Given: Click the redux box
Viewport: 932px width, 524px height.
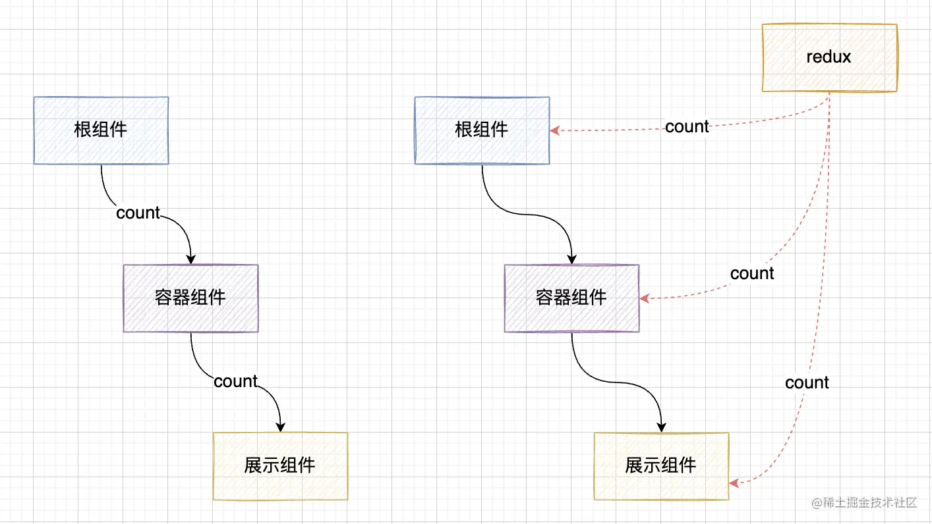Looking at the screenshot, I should pyautogui.click(x=829, y=57).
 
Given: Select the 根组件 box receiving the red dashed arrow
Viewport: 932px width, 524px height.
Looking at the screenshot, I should pyautogui.click(x=482, y=130).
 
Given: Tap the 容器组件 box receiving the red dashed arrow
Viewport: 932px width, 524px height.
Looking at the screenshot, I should pyautogui.click(x=571, y=298).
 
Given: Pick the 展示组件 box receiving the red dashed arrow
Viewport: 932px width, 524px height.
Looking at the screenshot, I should pyautogui.click(x=661, y=466).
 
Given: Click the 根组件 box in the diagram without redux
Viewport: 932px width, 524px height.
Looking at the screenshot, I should pyautogui.click(x=101, y=130).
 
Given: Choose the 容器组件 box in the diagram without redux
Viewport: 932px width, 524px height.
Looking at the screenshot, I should pyautogui.click(x=190, y=298).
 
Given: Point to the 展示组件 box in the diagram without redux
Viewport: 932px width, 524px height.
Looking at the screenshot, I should pyautogui.click(x=280, y=466).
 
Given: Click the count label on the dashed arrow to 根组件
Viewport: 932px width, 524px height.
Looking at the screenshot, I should pyautogui.click(x=687, y=126).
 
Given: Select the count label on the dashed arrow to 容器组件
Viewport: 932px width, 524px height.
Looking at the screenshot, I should pyautogui.click(x=752, y=273).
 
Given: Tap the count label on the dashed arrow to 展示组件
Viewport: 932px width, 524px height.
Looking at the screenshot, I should pyautogui.click(x=807, y=382).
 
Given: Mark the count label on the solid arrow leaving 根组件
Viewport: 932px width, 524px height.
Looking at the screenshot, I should pyautogui.click(x=138, y=213).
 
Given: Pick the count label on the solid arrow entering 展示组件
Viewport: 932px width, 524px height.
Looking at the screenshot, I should pyautogui.click(x=235, y=381).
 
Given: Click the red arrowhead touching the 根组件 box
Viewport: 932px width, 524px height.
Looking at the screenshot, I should pyautogui.click(x=555, y=130).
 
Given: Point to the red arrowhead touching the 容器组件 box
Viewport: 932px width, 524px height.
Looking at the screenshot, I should pyautogui.click(x=644, y=298).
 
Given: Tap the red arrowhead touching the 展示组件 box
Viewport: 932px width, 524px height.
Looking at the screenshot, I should pyautogui.click(x=734, y=484).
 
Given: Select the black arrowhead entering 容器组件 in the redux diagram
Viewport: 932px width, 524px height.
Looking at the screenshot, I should pyautogui.click(x=571, y=259).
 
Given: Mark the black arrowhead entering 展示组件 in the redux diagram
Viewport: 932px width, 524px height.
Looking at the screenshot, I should pyautogui.click(x=661, y=427).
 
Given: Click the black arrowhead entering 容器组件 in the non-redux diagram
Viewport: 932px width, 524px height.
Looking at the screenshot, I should pyautogui.click(x=190, y=259).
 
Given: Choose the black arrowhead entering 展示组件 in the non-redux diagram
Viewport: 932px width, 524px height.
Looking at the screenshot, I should pyautogui.click(x=280, y=427).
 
